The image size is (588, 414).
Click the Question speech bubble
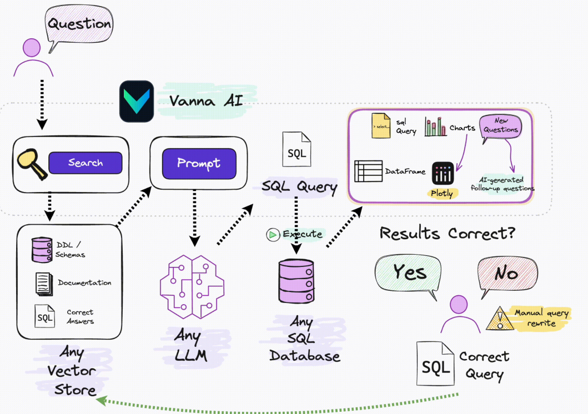[x=79, y=25]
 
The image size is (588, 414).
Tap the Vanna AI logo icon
[x=137, y=101]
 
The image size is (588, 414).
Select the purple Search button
[x=85, y=163]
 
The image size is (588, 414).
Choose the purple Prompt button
[x=199, y=163]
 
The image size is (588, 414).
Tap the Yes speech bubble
[x=410, y=273]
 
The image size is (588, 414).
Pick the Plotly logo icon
[x=443, y=174]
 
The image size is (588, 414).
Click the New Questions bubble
[x=501, y=126]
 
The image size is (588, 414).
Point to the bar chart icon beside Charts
[x=436, y=127]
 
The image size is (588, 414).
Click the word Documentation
[x=84, y=282]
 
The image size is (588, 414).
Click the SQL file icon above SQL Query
[x=296, y=149]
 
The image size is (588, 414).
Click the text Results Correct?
[x=447, y=233]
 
